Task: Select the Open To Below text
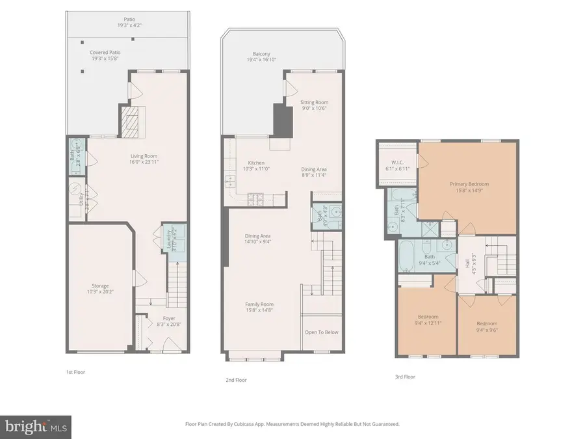pos(322,332)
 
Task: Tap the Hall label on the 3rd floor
pos(467,263)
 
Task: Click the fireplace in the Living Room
pos(130,120)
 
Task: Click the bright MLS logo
pos(36,427)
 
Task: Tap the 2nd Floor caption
pos(235,380)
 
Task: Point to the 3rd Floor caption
pos(404,376)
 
